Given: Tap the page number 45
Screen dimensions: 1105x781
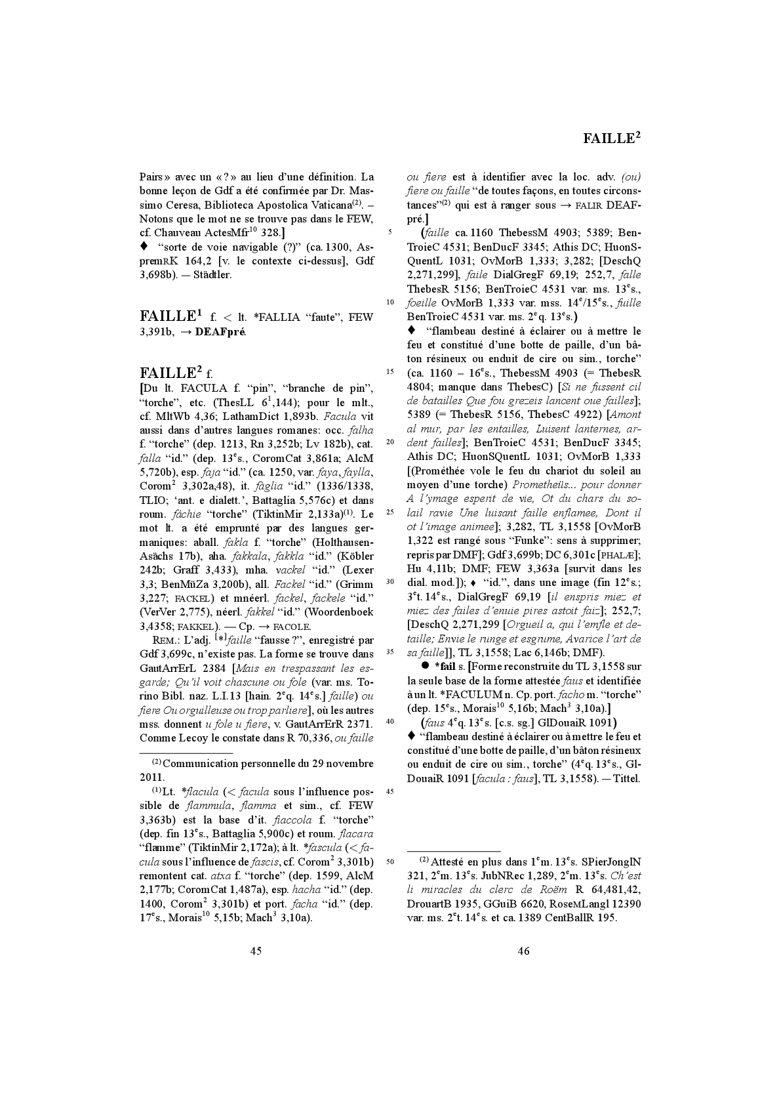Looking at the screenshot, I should pyautogui.click(x=256, y=951).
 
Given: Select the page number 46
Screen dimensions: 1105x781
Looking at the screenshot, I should pyautogui.click(x=523, y=951).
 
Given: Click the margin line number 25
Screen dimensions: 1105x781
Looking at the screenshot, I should pyautogui.click(x=391, y=512).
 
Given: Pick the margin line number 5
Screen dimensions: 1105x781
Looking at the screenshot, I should pyautogui.click(x=391, y=232).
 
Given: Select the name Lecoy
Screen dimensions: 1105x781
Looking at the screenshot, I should pyautogui.click(x=186, y=738).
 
